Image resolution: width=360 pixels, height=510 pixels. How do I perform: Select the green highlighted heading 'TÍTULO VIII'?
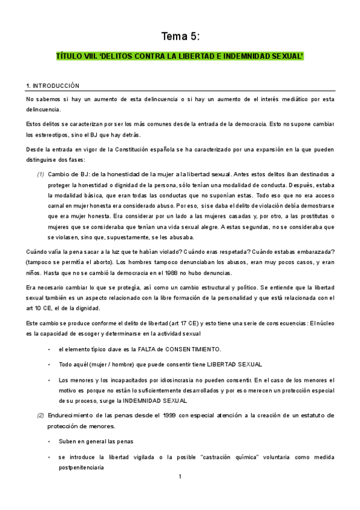tap(179, 57)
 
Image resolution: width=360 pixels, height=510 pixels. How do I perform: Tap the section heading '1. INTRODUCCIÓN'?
tap(53, 86)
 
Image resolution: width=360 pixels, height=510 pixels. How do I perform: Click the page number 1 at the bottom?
tap(180, 477)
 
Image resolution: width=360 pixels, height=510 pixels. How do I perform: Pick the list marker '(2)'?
tap(40, 416)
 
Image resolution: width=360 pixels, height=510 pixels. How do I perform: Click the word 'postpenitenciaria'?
tap(81, 467)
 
